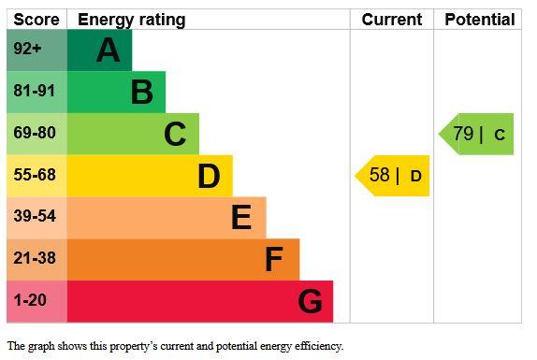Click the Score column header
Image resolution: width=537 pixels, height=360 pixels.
click(36, 20)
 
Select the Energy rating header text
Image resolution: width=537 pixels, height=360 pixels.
click(132, 21)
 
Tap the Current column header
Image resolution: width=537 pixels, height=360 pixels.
click(392, 20)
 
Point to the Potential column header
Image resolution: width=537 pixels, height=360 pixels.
click(480, 20)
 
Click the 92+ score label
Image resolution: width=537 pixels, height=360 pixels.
click(27, 49)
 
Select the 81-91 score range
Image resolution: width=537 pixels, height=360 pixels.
click(35, 91)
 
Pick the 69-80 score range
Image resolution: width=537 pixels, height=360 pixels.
click(35, 133)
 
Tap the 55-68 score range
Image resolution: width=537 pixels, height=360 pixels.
click(35, 175)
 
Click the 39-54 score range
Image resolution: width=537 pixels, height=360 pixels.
click(35, 216)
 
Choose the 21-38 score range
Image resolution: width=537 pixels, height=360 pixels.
click(35, 258)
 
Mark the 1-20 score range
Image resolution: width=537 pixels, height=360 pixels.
click(30, 300)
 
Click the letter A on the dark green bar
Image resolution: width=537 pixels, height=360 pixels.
click(109, 50)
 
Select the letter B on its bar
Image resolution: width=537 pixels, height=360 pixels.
click(142, 92)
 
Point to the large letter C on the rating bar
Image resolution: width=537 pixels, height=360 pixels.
click(175, 134)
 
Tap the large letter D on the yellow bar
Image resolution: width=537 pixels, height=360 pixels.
click(209, 176)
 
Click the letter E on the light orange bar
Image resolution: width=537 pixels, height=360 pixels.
click(241, 217)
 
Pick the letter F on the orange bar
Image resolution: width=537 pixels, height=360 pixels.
click(274, 259)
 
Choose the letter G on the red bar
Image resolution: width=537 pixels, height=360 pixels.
click(310, 301)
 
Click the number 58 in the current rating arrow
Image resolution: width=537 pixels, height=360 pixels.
click(380, 175)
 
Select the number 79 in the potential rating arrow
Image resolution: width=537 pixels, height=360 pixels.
click(463, 134)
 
